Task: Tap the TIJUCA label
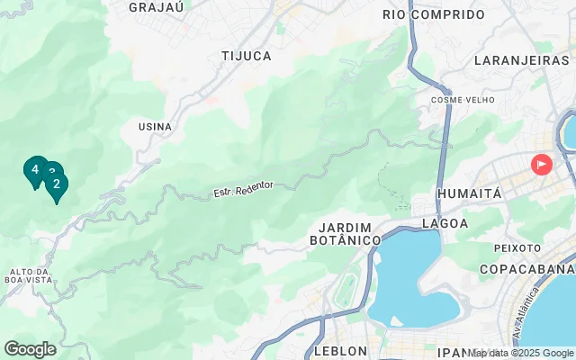[x=247, y=56]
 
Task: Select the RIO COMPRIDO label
[x=434, y=14]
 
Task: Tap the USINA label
[x=155, y=127]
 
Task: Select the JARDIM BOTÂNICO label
[x=346, y=234]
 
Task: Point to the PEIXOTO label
[x=517, y=247]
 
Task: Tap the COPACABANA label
[x=526, y=269]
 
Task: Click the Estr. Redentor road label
[x=242, y=190]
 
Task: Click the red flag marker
[x=541, y=164]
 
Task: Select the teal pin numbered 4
[x=35, y=169]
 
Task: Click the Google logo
[x=30, y=349]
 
